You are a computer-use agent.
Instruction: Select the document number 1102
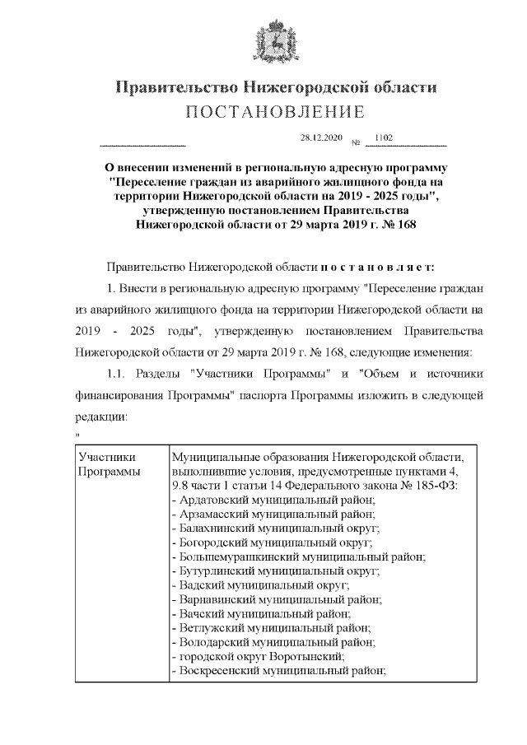point(383,137)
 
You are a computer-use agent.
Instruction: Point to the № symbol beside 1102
point(357,142)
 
